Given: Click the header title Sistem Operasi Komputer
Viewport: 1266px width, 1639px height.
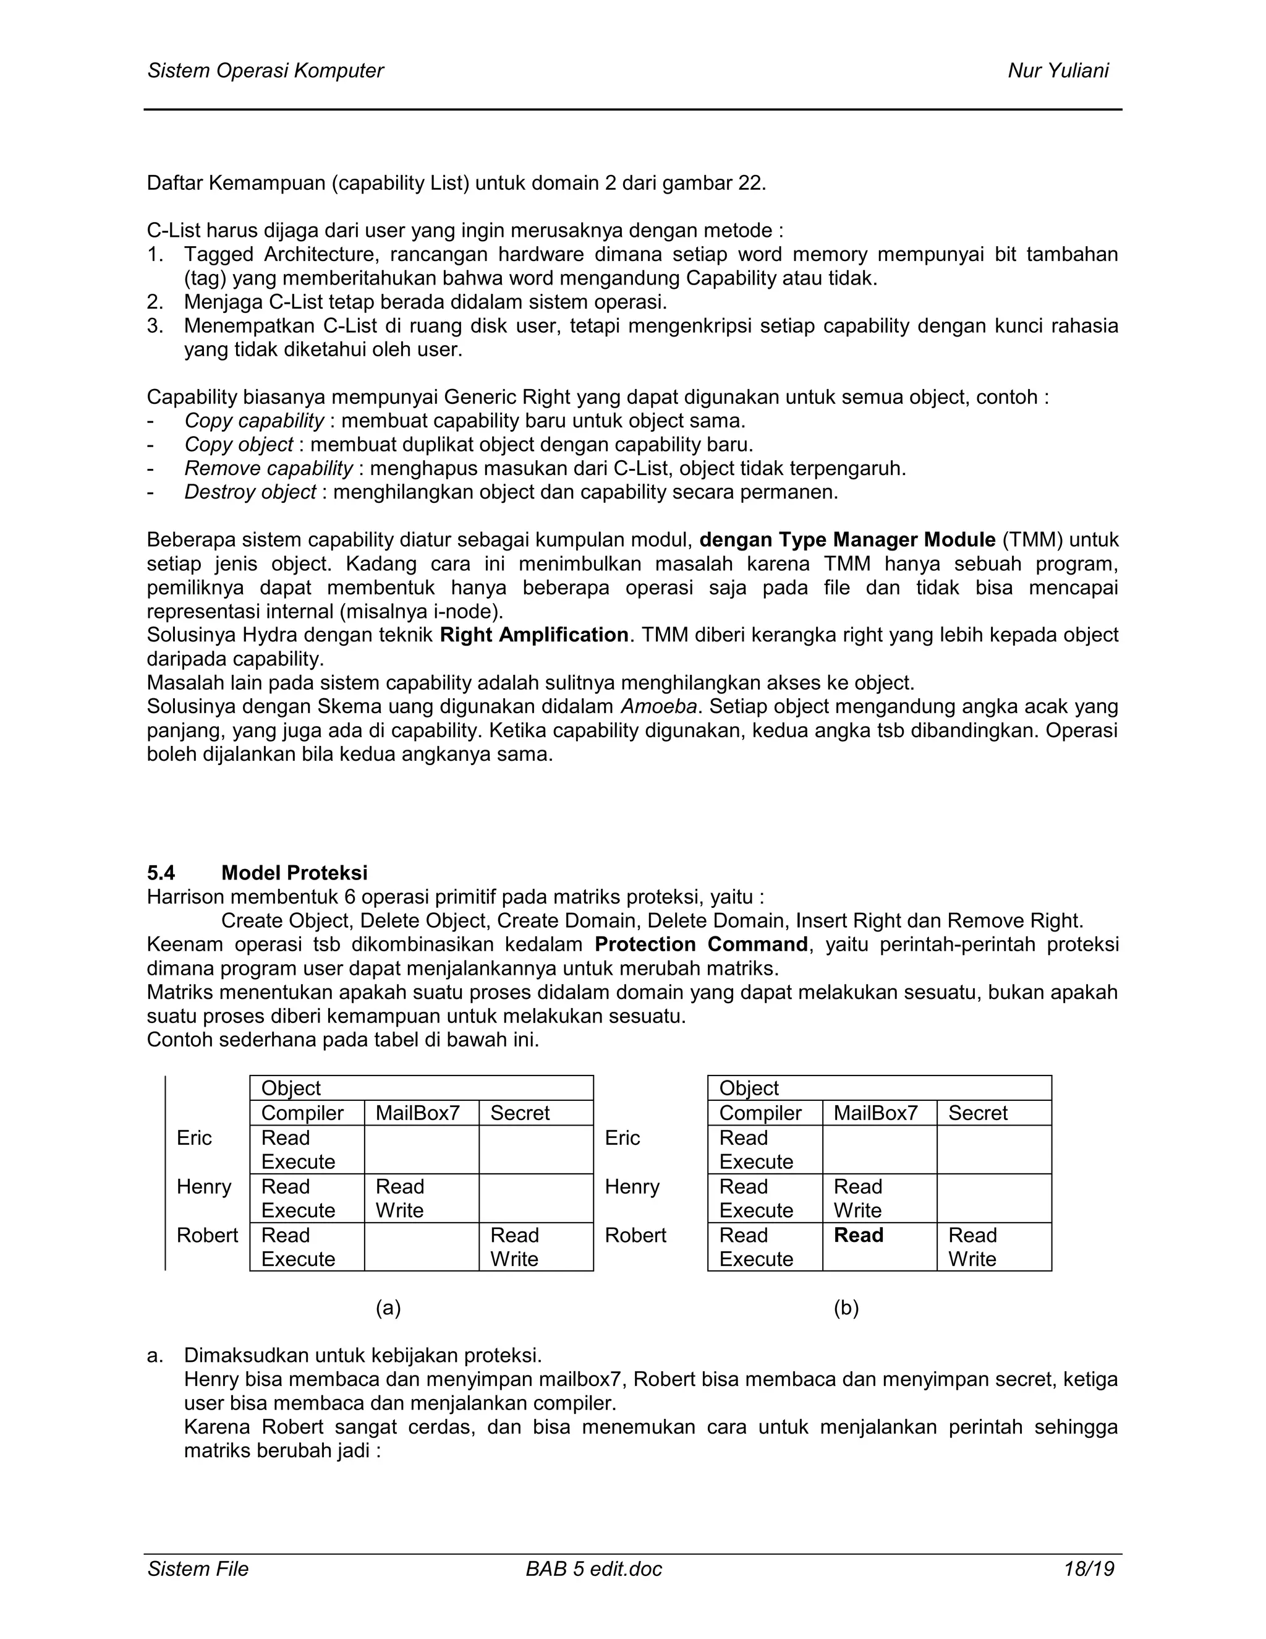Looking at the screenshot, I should (265, 71).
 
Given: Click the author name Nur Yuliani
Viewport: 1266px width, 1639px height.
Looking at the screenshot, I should (1058, 71).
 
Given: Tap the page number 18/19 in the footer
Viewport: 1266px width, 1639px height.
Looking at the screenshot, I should (1088, 1568).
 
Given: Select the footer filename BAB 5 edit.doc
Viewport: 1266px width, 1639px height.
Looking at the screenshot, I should (594, 1568).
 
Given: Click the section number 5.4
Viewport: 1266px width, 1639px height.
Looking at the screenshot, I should (161, 873).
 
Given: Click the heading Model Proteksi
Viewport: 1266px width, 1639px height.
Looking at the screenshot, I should (294, 873).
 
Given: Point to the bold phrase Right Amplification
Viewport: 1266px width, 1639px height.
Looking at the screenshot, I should (534, 635).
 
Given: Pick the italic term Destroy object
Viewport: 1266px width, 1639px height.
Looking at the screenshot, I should (250, 492).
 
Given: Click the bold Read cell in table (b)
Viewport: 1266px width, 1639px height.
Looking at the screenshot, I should (858, 1235).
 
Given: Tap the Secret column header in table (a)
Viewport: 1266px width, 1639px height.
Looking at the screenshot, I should (520, 1113).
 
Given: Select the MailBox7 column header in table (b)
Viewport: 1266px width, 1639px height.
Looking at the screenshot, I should (875, 1113).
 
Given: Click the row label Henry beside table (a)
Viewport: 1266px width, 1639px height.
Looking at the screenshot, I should (203, 1186).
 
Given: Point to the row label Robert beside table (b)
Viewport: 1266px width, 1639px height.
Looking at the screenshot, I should (635, 1235).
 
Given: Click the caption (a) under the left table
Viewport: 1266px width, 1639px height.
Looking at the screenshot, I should (388, 1308).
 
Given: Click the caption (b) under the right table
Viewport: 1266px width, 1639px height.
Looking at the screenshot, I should (846, 1308).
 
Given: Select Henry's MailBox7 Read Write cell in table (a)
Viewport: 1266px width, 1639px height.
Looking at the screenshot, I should (400, 1199).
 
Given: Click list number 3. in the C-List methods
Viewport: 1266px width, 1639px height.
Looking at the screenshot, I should (155, 326).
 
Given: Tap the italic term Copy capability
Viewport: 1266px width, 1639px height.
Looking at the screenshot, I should (254, 420).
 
